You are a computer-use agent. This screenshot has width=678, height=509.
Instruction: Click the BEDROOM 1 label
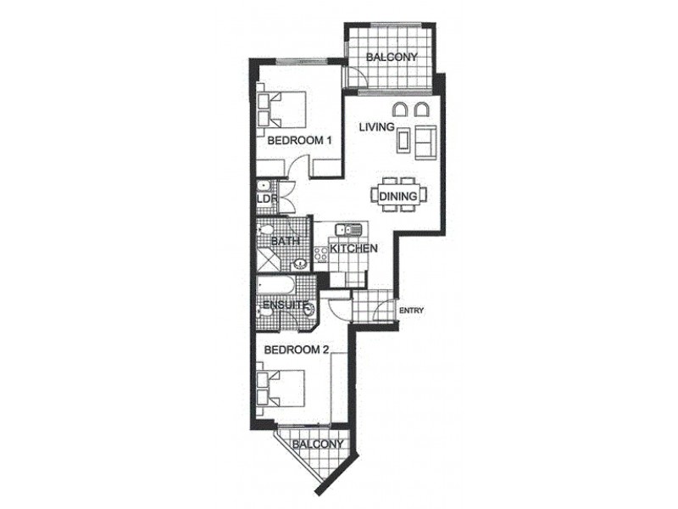click(299, 142)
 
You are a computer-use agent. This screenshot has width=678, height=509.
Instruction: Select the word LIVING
click(376, 127)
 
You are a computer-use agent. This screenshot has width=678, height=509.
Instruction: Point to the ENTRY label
click(411, 310)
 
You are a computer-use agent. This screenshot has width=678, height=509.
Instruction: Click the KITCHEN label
click(353, 249)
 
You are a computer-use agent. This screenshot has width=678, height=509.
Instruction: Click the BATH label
click(283, 242)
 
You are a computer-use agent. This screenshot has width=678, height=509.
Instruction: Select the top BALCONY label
click(392, 58)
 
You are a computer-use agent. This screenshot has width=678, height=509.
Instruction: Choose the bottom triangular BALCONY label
click(318, 445)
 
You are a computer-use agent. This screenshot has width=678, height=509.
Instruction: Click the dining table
click(399, 196)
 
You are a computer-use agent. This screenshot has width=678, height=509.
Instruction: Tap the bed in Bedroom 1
click(281, 109)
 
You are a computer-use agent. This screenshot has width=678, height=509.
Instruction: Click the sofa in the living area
click(425, 141)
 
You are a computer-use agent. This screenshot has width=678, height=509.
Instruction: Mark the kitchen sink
click(348, 229)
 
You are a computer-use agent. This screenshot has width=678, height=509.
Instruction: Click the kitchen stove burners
click(321, 253)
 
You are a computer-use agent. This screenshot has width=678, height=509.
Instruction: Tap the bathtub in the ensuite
click(275, 284)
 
